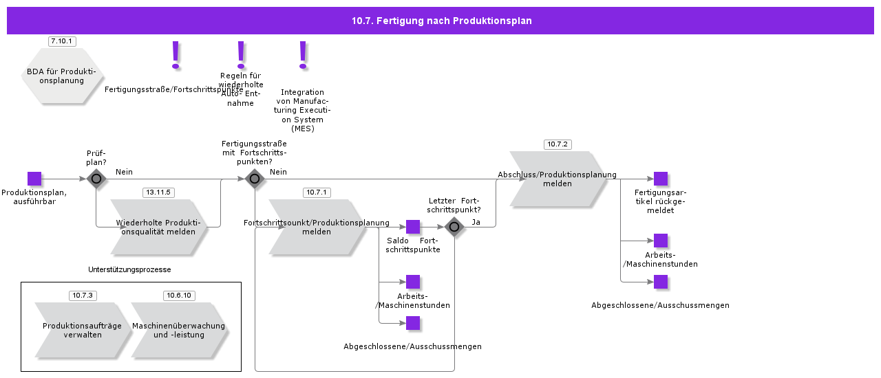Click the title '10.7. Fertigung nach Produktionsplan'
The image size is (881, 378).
click(441, 21)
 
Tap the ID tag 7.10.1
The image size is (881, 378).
click(62, 41)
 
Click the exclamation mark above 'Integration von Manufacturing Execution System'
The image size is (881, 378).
click(303, 55)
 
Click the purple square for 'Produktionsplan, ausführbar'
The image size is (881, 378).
click(34, 179)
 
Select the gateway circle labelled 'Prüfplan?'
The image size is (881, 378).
click(96, 179)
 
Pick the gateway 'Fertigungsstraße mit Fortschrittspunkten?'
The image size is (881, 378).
click(255, 179)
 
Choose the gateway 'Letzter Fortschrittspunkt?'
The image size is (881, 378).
click(454, 227)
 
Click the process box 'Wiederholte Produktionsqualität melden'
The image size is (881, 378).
click(158, 227)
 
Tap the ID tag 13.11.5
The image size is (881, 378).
click(158, 192)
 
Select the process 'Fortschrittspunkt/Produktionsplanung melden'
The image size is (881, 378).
click(317, 227)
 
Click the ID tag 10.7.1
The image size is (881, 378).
click(317, 192)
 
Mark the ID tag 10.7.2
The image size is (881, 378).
click(558, 144)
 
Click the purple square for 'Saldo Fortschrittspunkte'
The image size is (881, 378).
click(413, 227)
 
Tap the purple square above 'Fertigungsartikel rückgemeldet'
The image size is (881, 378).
click(661, 179)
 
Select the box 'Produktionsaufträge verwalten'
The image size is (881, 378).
click(83, 330)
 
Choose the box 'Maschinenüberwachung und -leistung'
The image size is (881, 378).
click(179, 330)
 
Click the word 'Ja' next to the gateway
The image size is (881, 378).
click(476, 222)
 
